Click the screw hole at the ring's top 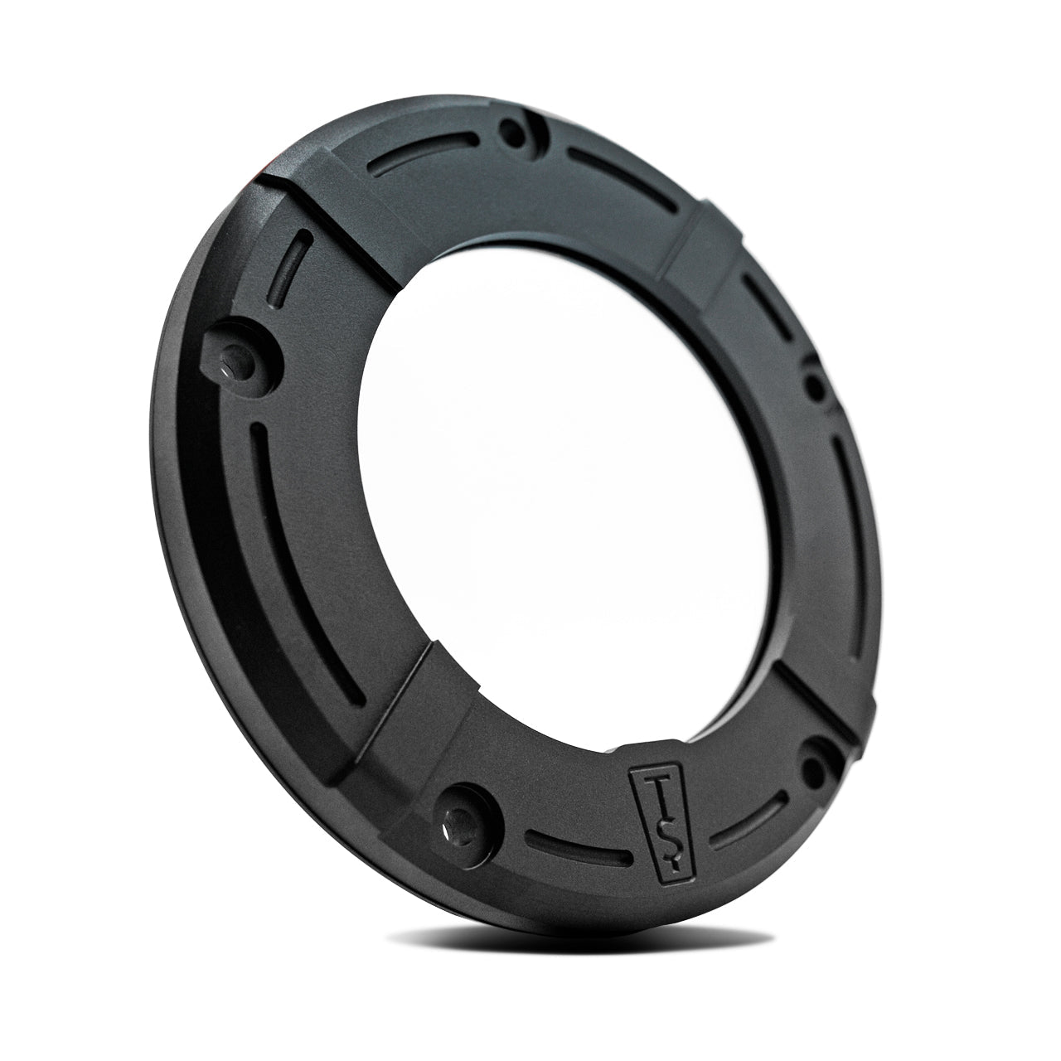point(512,133)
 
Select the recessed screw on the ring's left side point(235,364)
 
